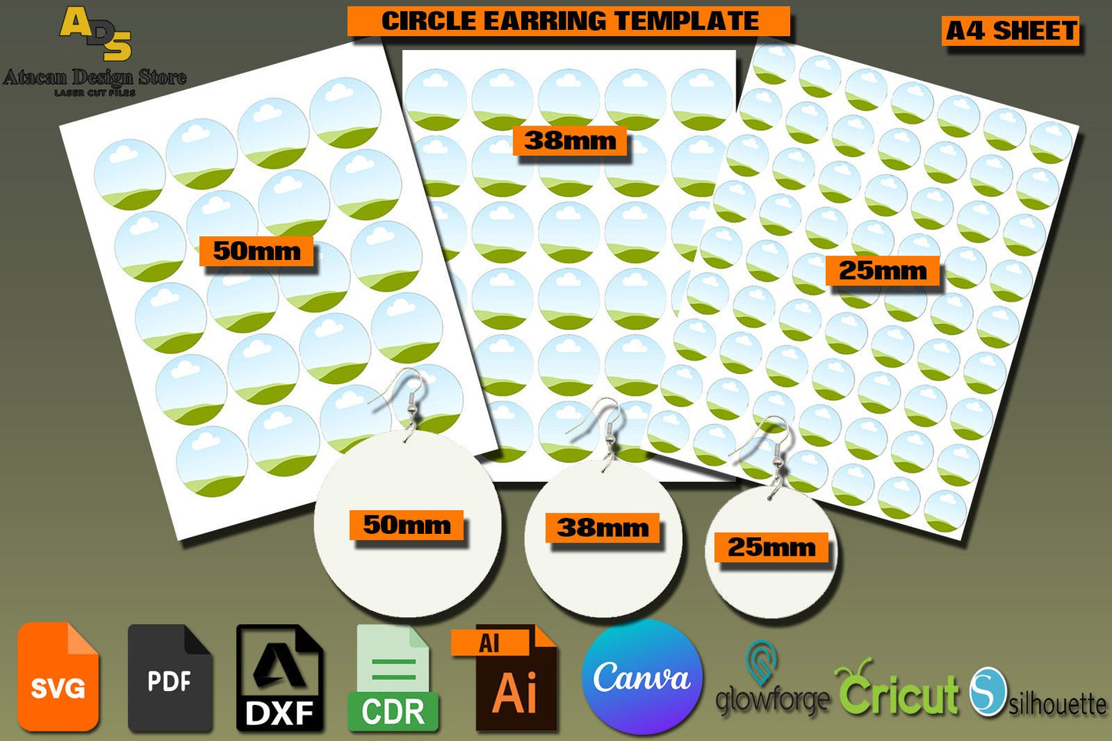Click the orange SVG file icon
[x=58, y=677]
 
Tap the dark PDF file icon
[x=169, y=677]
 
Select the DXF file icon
[x=279, y=677]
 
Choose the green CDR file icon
[x=392, y=679]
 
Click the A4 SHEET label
[x=1010, y=31]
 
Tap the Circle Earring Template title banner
[x=569, y=21]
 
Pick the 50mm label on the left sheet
[x=256, y=251]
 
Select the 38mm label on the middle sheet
[x=569, y=141]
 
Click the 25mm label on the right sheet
[x=883, y=271]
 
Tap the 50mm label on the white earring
[x=406, y=525]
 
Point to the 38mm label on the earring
[x=603, y=528]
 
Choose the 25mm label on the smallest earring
[x=771, y=547]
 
